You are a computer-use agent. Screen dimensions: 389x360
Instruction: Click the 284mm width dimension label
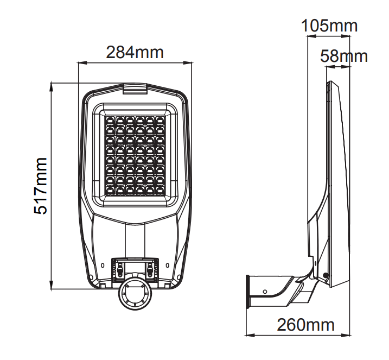(x=135, y=52)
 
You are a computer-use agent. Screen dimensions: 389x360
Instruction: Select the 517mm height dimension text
(x=40, y=186)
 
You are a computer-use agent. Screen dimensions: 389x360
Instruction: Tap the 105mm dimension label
(x=329, y=26)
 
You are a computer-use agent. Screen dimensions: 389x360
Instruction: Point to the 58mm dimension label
(x=344, y=56)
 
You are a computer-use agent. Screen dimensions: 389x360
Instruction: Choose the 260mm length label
(x=305, y=325)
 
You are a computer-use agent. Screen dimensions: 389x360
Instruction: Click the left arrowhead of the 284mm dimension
(x=82, y=63)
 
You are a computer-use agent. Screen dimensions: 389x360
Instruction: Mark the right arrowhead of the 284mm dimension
(x=188, y=63)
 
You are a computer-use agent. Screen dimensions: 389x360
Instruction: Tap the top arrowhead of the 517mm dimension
(x=52, y=86)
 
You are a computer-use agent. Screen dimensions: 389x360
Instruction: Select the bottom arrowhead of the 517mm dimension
(x=52, y=285)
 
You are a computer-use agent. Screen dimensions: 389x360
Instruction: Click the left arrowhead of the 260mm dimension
(x=250, y=336)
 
